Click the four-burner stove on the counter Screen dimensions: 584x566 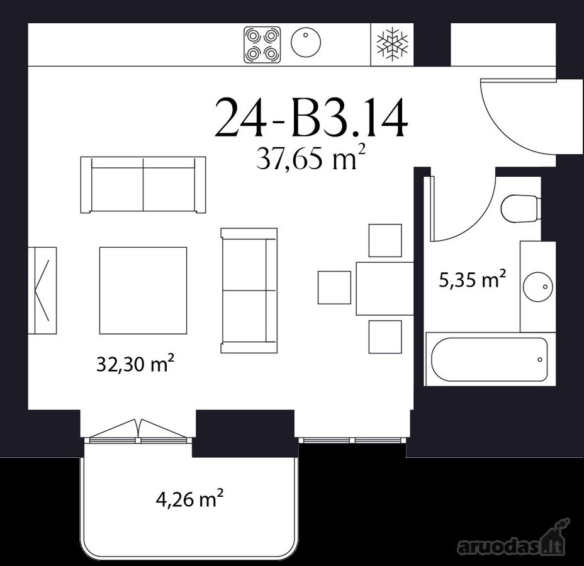(262, 45)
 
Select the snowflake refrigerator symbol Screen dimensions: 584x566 (392, 44)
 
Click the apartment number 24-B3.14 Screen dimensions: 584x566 (312, 117)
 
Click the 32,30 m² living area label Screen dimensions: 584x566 (136, 363)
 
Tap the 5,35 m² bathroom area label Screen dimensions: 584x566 (472, 279)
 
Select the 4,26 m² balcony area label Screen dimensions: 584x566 (190, 498)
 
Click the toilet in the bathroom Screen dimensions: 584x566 (520, 209)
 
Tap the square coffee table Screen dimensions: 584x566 (143, 291)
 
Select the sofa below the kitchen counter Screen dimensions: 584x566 (143, 185)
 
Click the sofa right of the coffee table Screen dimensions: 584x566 (249, 291)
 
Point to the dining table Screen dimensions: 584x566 (385, 289)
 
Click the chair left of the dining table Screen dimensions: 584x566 (334, 287)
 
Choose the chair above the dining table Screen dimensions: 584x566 (385, 240)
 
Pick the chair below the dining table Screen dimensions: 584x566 (385, 337)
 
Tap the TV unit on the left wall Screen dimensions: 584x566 (42, 291)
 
